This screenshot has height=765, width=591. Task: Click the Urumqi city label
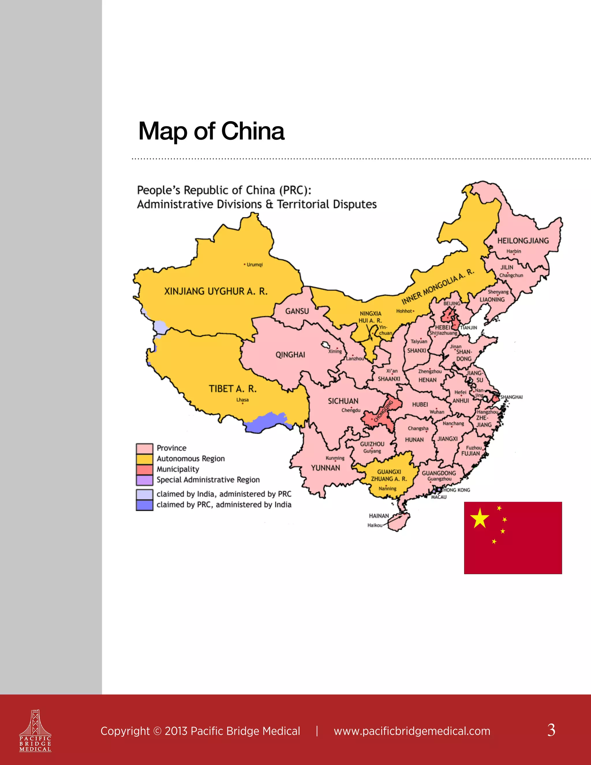point(254,264)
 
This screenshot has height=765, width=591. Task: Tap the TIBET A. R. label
point(233,389)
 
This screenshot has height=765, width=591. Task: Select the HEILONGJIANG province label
point(523,241)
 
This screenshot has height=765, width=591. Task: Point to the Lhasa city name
point(242,400)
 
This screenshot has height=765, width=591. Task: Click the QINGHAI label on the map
point(290,355)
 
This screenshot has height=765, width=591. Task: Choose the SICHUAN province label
point(343,401)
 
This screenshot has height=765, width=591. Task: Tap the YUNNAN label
point(325,468)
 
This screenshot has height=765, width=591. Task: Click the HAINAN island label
point(379,516)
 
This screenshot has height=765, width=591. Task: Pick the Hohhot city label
point(404,311)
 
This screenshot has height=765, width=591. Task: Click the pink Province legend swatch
point(144,448)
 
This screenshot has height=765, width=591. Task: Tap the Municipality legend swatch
point(144,469)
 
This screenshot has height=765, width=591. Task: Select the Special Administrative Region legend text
point(208,480)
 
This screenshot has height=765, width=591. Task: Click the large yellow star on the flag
point(479,518)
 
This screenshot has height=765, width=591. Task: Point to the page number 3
point(551,730)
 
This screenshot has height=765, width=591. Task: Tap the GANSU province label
point(297,311)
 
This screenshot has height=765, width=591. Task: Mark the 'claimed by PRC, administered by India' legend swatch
point(144,505)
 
